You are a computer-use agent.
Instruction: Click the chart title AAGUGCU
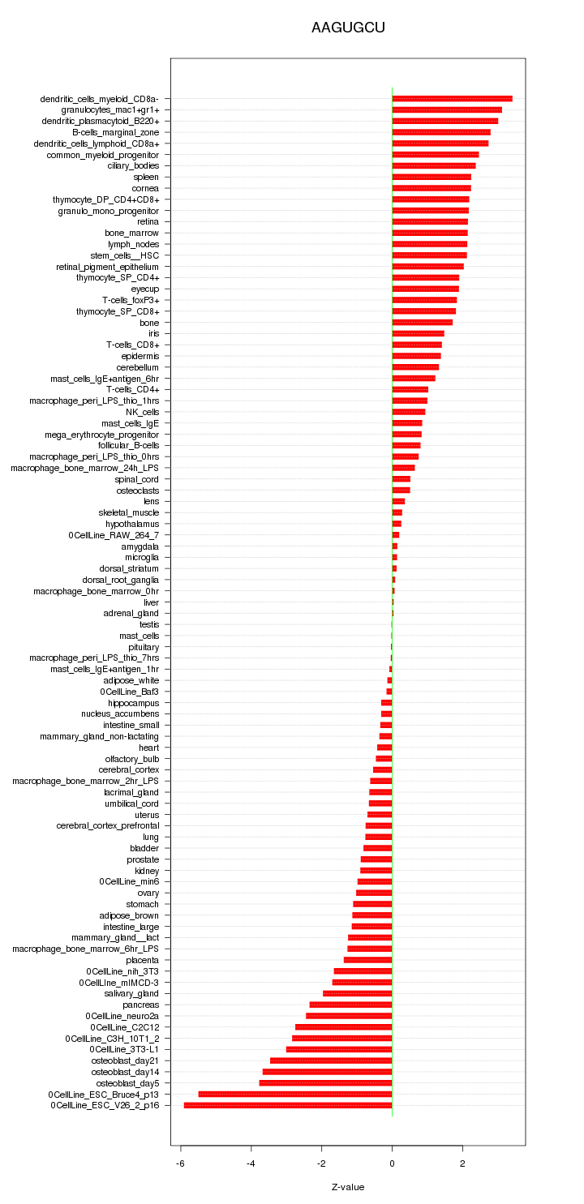(x=348, y=28)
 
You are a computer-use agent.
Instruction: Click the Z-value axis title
(x=348, y=1187)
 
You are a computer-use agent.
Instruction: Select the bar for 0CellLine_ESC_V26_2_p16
(x=288, y=1105)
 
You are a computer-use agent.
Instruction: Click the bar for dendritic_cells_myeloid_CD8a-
(x=452, y=99)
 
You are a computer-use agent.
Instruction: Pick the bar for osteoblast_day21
(x=331, y=1060)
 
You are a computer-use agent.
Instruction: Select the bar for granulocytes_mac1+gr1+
(x=447, y=109)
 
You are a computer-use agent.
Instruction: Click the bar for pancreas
(x=350, y=1005)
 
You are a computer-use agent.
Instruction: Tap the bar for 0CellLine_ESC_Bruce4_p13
(x=295, y=1094)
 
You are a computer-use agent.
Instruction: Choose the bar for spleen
(x=432, y=177)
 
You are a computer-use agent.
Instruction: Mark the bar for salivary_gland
(x=357, y=993)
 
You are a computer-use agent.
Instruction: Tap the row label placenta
(x=143, y=960)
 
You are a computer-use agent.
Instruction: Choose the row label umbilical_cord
(x=131, y=803)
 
